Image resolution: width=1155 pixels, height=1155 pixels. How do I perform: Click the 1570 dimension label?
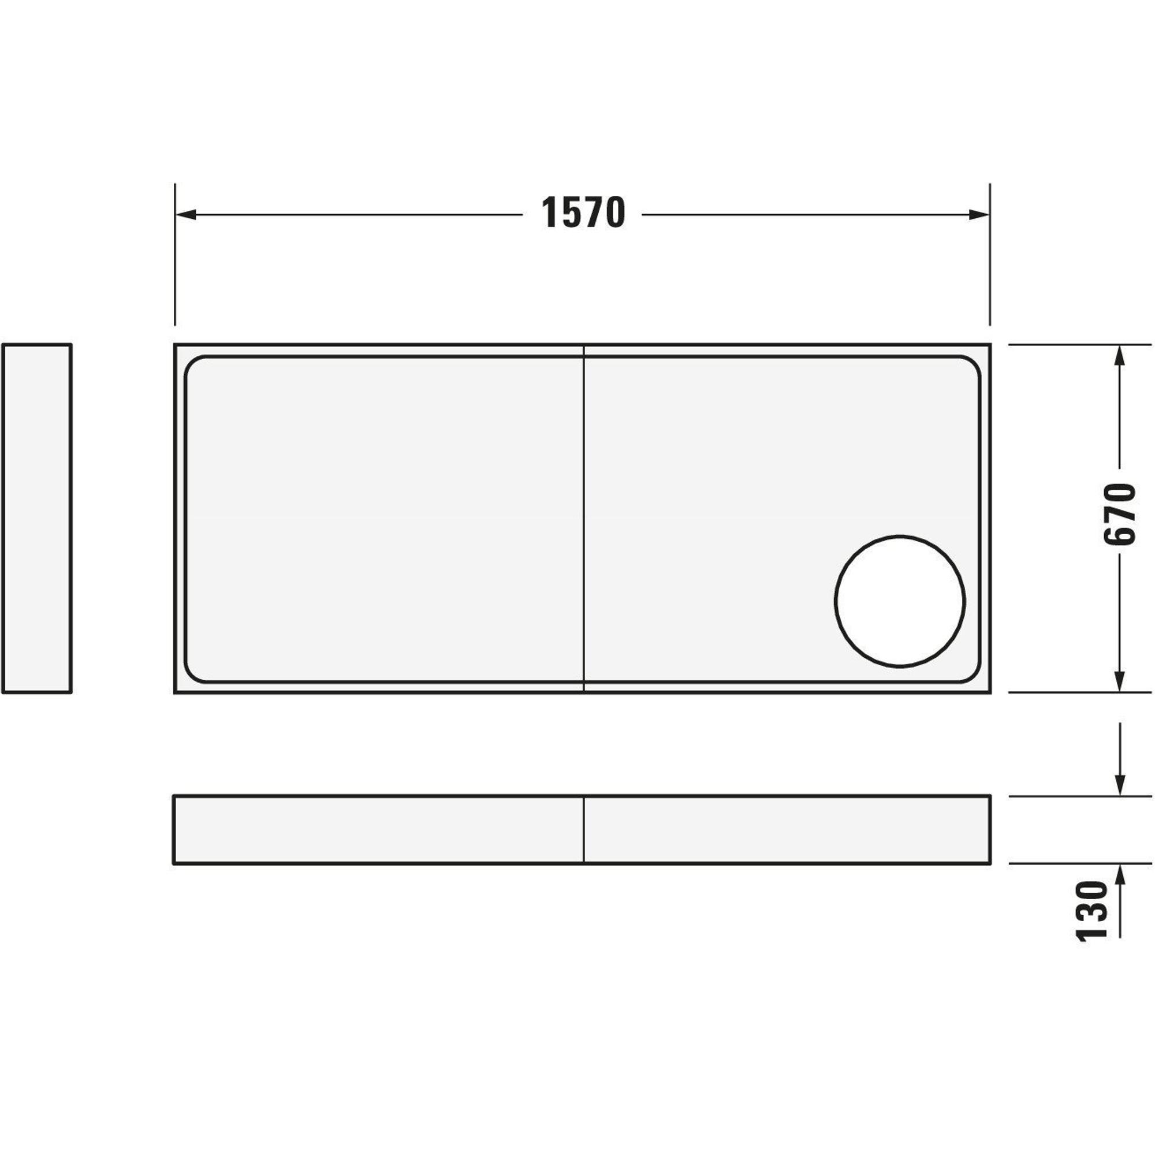(x=583, y=213)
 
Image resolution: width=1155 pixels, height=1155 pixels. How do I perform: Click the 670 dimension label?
(x=1118, y=513)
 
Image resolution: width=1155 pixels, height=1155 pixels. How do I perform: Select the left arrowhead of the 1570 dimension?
(x=186, y=215)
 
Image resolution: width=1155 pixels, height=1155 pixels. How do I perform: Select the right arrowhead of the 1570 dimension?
(x=979, y=215)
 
